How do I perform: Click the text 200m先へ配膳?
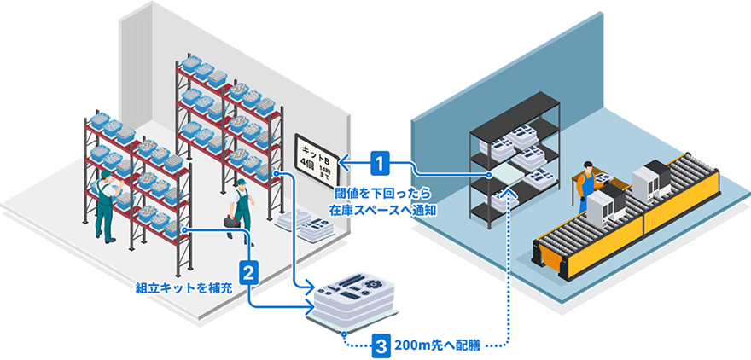point(439,346)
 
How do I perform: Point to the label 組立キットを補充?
point(183,287)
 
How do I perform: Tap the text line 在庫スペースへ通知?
point(381,208)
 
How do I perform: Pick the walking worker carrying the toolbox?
point(242,210)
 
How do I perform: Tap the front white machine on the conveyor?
point(604,209)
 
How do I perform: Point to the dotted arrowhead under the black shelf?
point(509,195)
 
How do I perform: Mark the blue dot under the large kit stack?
point(342,331)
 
